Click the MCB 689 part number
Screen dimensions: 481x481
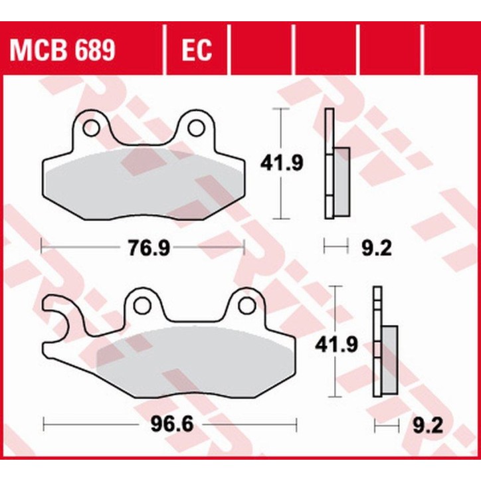[61, 50]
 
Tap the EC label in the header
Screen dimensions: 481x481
[195, 50]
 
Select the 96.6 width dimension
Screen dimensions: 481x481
[165, 423]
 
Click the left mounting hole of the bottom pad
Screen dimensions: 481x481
[142, 305]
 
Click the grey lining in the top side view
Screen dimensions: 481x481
[341, 182]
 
